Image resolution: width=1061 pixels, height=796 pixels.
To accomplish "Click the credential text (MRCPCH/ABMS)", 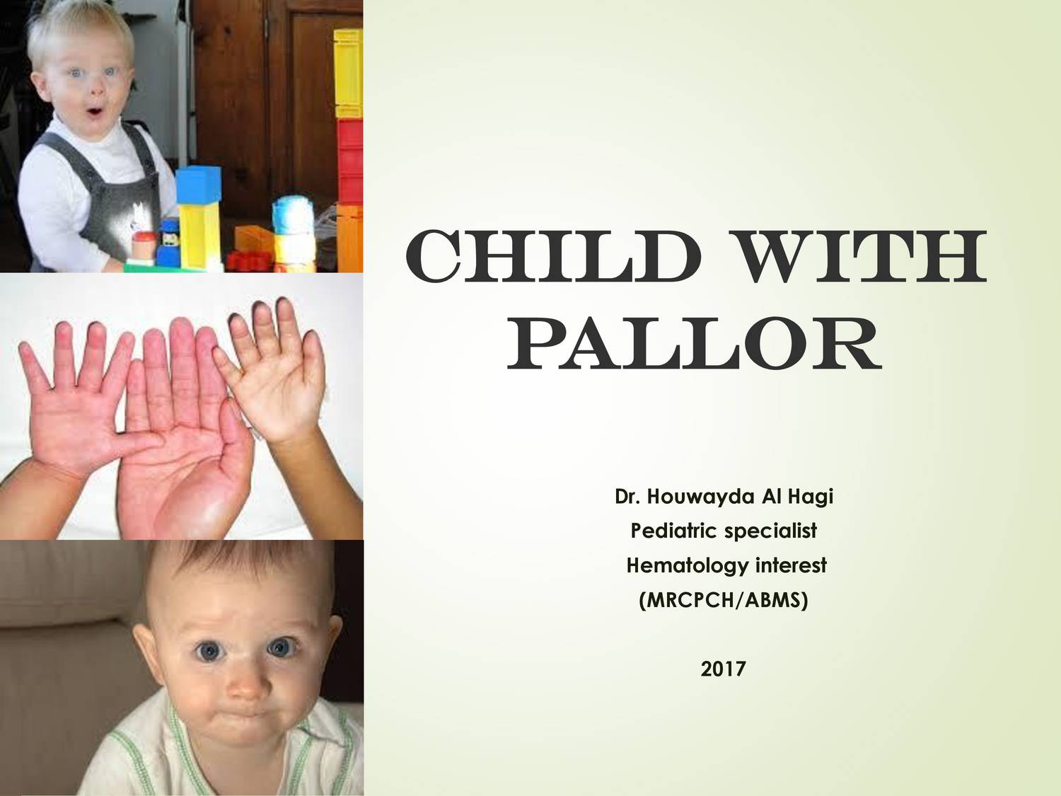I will point(723,600).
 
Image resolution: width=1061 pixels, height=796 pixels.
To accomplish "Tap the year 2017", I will point(723,668).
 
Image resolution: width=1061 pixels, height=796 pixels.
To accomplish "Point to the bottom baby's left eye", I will point(282,647).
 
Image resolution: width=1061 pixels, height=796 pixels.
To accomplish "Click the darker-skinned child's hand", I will point(276,375).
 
